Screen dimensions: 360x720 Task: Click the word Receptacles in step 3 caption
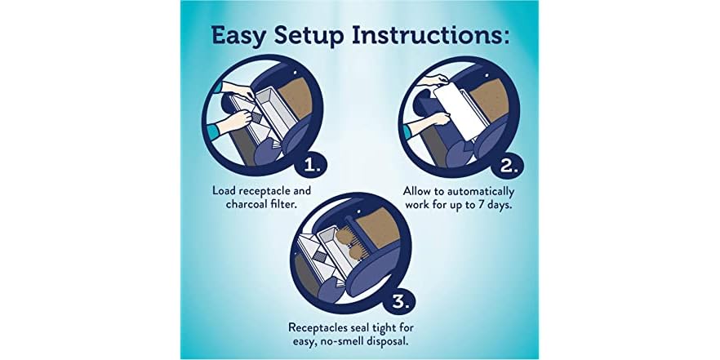pos(322,327)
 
